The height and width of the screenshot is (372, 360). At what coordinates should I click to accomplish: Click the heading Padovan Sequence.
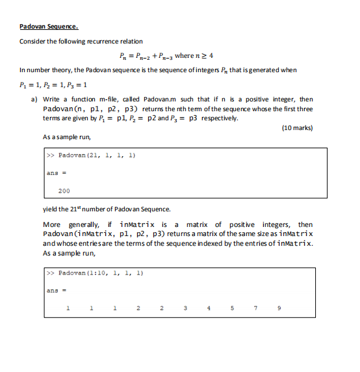(x=49, y=27)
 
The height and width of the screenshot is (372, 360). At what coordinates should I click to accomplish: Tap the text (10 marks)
(x=297, y=127)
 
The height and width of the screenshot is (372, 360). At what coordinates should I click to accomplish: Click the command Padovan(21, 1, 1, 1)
(x=96, y=155)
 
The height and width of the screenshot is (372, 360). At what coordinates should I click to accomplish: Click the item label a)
(x=34, y=98)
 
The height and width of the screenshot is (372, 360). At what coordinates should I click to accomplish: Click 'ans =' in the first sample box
(x=54, y=172)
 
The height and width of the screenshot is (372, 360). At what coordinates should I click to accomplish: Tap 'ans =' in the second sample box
(x=54, y=290)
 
